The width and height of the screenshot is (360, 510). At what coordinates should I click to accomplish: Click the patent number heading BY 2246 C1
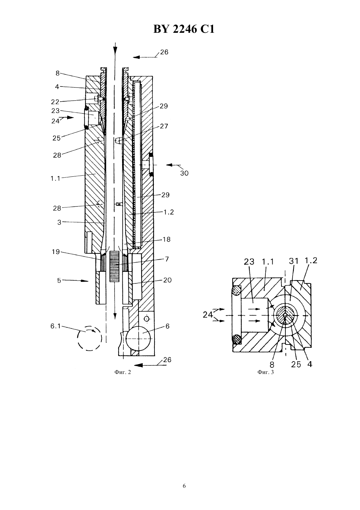pyautogui.click(x=184, y=29)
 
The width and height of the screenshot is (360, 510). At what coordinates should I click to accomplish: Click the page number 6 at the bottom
pyautogui.click(x=184, y=486)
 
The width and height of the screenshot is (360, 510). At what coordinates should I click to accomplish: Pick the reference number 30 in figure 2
pyautogui.click(x=184, y=173)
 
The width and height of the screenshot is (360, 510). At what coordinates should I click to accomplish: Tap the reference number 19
pyautogui.click(x=56, y=252)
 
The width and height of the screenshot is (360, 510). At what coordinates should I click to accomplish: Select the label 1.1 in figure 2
pyautogui.click(x=55, y=179)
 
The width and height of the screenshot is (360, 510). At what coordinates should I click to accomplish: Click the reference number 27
pyautogui.click(x=164, y=126)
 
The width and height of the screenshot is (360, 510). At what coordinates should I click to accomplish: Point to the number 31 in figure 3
pyautogui.click(x=294, y=261)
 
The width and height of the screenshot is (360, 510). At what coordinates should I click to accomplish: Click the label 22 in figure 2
pyautogui.click(x=55, y=102)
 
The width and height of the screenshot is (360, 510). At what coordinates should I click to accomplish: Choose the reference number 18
pyautogui.click(x=167, y=239)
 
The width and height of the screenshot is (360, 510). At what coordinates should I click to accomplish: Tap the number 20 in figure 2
pyautogui.click(x=167, y=280)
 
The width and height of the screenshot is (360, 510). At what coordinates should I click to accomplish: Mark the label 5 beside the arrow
pyautogui.click(x=59, y=281)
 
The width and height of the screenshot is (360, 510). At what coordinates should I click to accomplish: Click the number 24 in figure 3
pyautogui.click(x=207, y=315)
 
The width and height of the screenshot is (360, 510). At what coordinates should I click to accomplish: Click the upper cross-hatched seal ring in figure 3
pyautogui.click(x=237, y=291)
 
